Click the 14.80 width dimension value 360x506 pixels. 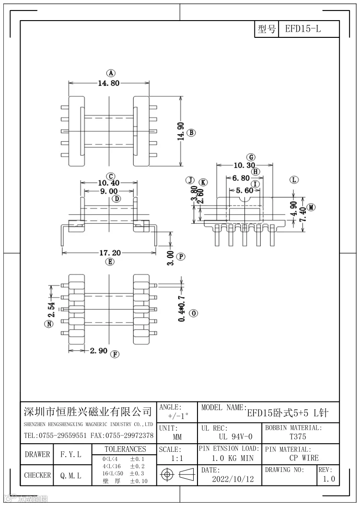[x=108, y=83]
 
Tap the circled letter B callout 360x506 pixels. [x=191, y=133]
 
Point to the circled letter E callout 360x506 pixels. [x=110, y=262]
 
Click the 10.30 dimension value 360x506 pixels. [x=244, y=165]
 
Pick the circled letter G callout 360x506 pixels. [x=251, y=157]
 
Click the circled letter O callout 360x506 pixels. [x=193, y=313]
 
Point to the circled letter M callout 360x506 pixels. [x=311, y=207]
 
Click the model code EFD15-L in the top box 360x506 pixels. [x=303, y=29]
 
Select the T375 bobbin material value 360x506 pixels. [x=298, y=437]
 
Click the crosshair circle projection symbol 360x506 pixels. [x=167, y=475]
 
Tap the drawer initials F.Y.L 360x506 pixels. [x=70, y=454]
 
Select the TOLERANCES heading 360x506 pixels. [x=125, y=449]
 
